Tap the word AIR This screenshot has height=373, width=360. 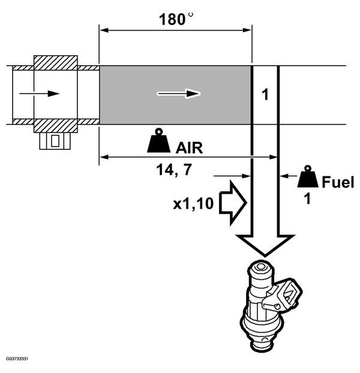coord(189,148)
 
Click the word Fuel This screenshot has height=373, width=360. coord(338,182)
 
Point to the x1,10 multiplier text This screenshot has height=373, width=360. coord(193,204)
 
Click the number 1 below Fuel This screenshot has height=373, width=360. coord(307,199)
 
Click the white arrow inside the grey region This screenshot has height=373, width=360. coord(178,94)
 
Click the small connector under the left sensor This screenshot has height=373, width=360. coord(55,141)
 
